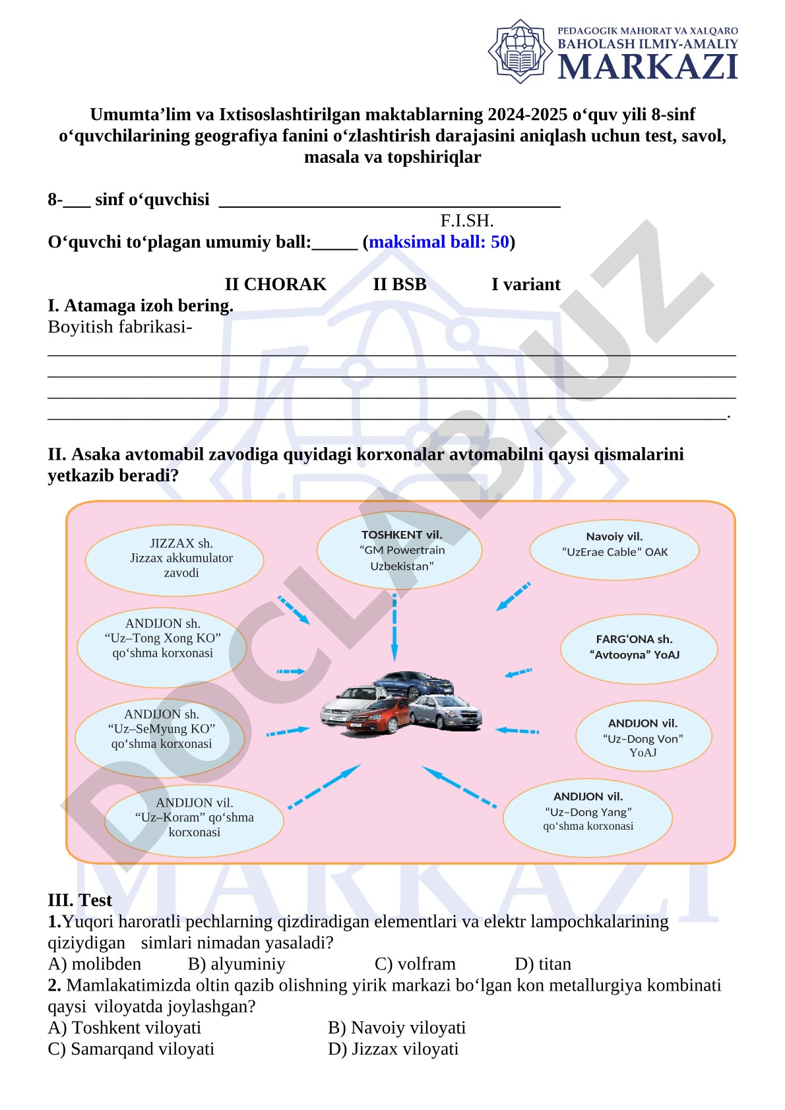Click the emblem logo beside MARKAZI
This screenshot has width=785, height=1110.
tap(520, 51)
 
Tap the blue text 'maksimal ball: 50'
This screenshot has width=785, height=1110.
tap(439, 242)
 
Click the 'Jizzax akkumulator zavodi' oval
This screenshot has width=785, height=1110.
tap(174, 560)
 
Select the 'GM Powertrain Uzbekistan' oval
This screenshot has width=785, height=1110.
tap(400, 550)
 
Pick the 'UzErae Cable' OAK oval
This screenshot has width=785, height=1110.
tap(615, 549)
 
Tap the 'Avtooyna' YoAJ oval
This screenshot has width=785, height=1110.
tap(639, 649)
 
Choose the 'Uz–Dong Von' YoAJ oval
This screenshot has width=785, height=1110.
tap(644, 736)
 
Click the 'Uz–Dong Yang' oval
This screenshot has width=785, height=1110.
tap(588, 818)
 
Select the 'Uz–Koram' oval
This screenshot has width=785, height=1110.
tap(194, 820)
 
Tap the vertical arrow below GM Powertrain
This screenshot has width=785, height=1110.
tap(394, 628)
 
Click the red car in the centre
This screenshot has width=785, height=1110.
tap(379, 716)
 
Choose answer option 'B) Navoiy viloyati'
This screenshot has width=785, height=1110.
tap(396, 1028)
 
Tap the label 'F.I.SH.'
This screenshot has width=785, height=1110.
tap(467, 220)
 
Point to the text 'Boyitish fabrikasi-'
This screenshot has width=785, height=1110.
tap(120, 327)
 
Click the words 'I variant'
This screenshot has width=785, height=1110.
tap(526, 284)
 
